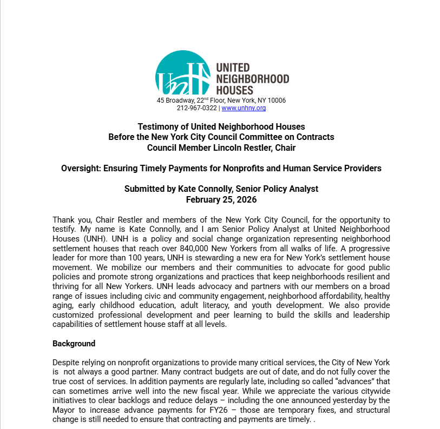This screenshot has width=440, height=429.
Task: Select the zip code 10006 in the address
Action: click(277, 100)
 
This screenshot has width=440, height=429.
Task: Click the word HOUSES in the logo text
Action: click(234, 90)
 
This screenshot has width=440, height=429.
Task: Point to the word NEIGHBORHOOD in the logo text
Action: click(252, 79)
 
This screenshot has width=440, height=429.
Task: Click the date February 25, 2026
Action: click(221, 199)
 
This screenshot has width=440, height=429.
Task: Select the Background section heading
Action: click(74, 344)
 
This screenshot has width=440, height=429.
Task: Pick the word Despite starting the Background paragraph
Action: click(65, 362)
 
